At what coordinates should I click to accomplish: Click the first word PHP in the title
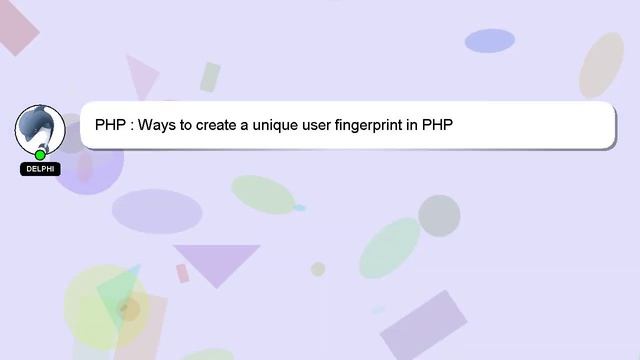click(x=110, y=126)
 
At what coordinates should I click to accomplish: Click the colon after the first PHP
click(x=131, y=126)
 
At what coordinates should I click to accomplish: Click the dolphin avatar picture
click(x=40, y=128)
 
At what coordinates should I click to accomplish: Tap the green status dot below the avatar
click(x=40, y=155)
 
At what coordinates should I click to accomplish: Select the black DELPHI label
click(x=40, y=169)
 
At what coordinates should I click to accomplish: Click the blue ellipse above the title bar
click(x=490, y=40)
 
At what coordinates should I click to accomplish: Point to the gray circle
click(x=438, y=215)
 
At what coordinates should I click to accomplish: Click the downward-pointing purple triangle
click(x=214, y=261)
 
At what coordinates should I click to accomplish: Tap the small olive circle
click(x=318, y=269)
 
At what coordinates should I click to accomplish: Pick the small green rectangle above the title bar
click(x=210, y=77)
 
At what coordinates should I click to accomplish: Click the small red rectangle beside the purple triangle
click(x=183, y=273)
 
